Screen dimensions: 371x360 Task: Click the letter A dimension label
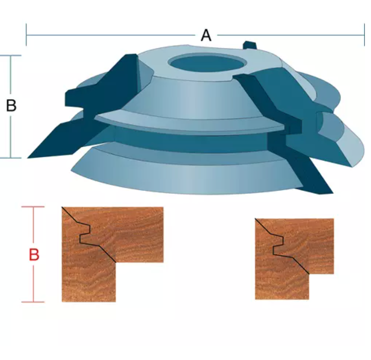[x=206, y=35]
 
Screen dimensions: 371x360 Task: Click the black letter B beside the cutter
[x=11, y=105]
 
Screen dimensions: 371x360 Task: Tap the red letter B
[x=34, y=255]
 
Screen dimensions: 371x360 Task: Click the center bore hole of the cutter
[x=207, y=63]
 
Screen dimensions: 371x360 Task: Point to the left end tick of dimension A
[x=26, y=35]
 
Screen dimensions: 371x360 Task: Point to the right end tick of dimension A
[x=364, y=35]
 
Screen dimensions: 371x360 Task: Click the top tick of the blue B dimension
[x=11, y=56]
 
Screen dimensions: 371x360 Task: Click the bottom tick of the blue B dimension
[x=11, y=158]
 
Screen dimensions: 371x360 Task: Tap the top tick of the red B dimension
[x=33, y=207]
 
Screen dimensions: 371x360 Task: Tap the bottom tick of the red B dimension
[x=33, y=302]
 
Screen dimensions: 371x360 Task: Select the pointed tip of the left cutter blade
[x=28, y=158]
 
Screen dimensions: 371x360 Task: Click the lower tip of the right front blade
[x=333, y=193]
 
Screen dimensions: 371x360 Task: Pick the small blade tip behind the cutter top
[x=250, y=45]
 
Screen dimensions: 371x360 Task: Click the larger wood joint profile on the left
[x=113, y=254]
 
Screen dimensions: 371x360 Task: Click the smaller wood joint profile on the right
[x=295, y=259]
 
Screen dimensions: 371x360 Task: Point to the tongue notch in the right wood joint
[x=278, y=245]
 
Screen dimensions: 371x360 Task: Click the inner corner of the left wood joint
[x=116, y=262]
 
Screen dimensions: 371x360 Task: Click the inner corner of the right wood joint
[x=309, y=274]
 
